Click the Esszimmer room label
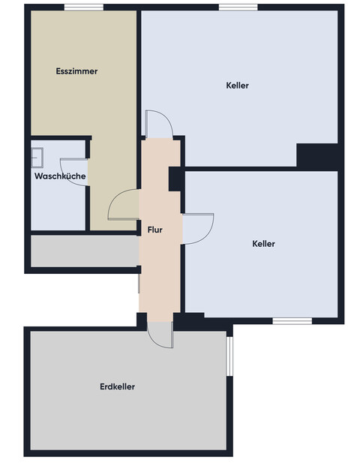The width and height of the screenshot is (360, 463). [76, 71]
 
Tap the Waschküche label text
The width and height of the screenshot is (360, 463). [60, 176]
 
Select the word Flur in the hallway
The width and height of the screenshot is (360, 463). [155, 230]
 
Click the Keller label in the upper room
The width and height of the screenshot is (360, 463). [237, 86]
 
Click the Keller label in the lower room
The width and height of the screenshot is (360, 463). [263, 244]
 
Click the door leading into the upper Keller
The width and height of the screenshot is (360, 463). [159, 124]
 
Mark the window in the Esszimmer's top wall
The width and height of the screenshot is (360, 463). [83, 8]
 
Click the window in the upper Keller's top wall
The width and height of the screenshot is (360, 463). [238, 8]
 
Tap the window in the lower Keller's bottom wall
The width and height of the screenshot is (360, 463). [292, 321]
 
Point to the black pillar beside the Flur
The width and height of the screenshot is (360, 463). [175, 179]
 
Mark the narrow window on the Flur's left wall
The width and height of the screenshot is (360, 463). [139, 282]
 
